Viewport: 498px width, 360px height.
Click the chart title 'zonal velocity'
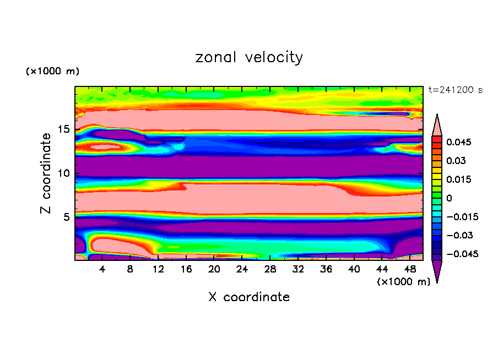tap(249, 57)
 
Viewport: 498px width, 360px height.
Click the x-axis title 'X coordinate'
tap(249, 297)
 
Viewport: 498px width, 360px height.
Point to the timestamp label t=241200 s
tap(456, 90)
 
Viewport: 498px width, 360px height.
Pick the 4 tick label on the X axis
tap(102, 269)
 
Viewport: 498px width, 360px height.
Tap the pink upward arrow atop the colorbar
tap(437, 124)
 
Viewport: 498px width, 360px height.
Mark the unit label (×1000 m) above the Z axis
tap(52, 72)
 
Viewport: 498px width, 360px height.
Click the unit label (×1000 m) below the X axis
tap(404, 282)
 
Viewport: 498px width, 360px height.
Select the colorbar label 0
tap(449, 198)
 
